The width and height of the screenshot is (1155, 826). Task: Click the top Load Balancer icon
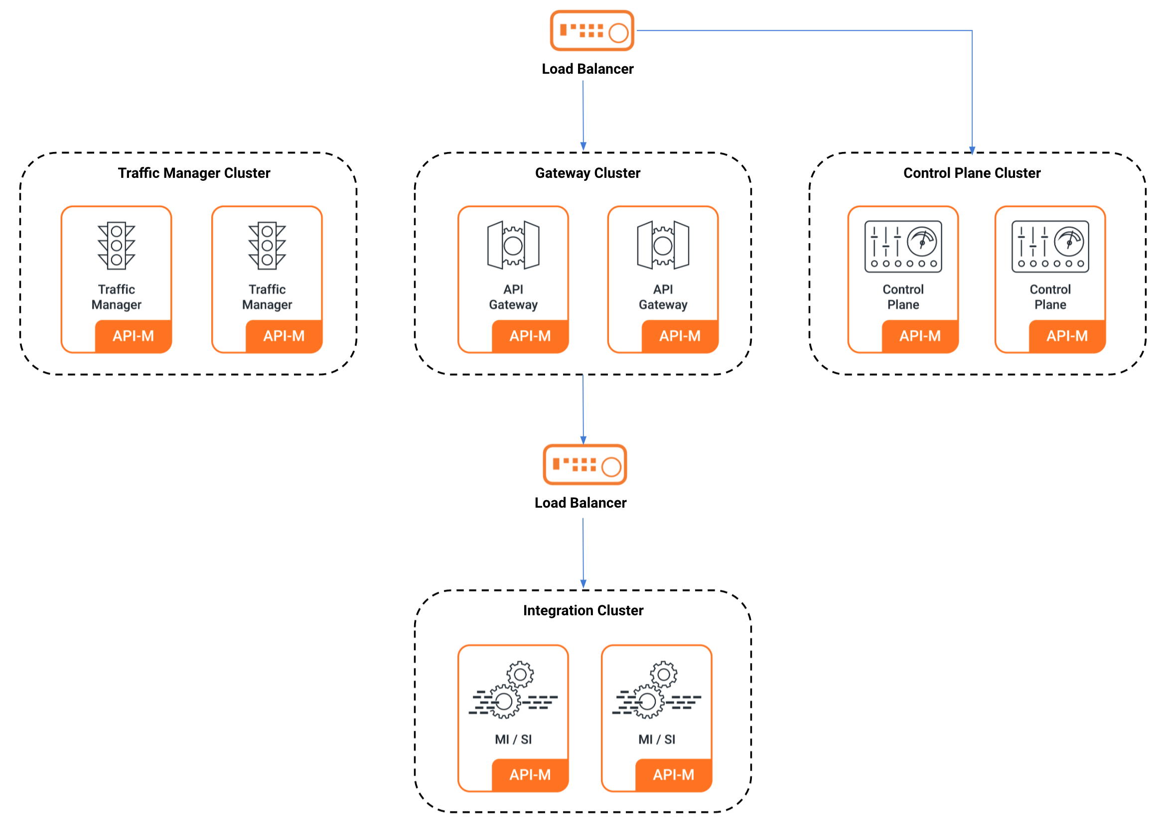[591, 30]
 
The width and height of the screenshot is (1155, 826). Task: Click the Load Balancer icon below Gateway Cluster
[584, 464]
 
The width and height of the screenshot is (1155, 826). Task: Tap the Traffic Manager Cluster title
[194, 173]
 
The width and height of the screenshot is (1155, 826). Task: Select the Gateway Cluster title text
[587, 173]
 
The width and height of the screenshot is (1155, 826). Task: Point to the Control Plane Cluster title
[972, 173]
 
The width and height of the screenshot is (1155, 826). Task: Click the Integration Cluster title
[583, 610]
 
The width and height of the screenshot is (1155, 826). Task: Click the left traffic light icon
[117, 245]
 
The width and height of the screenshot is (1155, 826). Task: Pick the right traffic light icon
[267, 245]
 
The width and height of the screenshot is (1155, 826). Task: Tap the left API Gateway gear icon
[513, 245]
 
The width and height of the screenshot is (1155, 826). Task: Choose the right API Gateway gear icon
[663, 245]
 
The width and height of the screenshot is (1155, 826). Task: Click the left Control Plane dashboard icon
[903, 247]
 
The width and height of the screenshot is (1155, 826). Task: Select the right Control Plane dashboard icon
[1050, 247]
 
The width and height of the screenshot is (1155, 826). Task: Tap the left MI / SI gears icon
[513, 689]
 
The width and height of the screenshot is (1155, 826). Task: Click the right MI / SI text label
[657, 739]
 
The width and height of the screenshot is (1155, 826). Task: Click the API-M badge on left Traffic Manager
[133, 336]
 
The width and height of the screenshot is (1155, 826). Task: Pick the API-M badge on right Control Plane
[1067, 336]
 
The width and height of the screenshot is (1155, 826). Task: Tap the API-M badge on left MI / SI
[530, 775]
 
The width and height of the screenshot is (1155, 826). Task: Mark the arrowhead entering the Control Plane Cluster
[972, 150]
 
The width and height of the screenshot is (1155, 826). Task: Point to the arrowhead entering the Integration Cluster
[583, 584]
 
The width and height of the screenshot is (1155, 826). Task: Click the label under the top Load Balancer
[587, 69]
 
